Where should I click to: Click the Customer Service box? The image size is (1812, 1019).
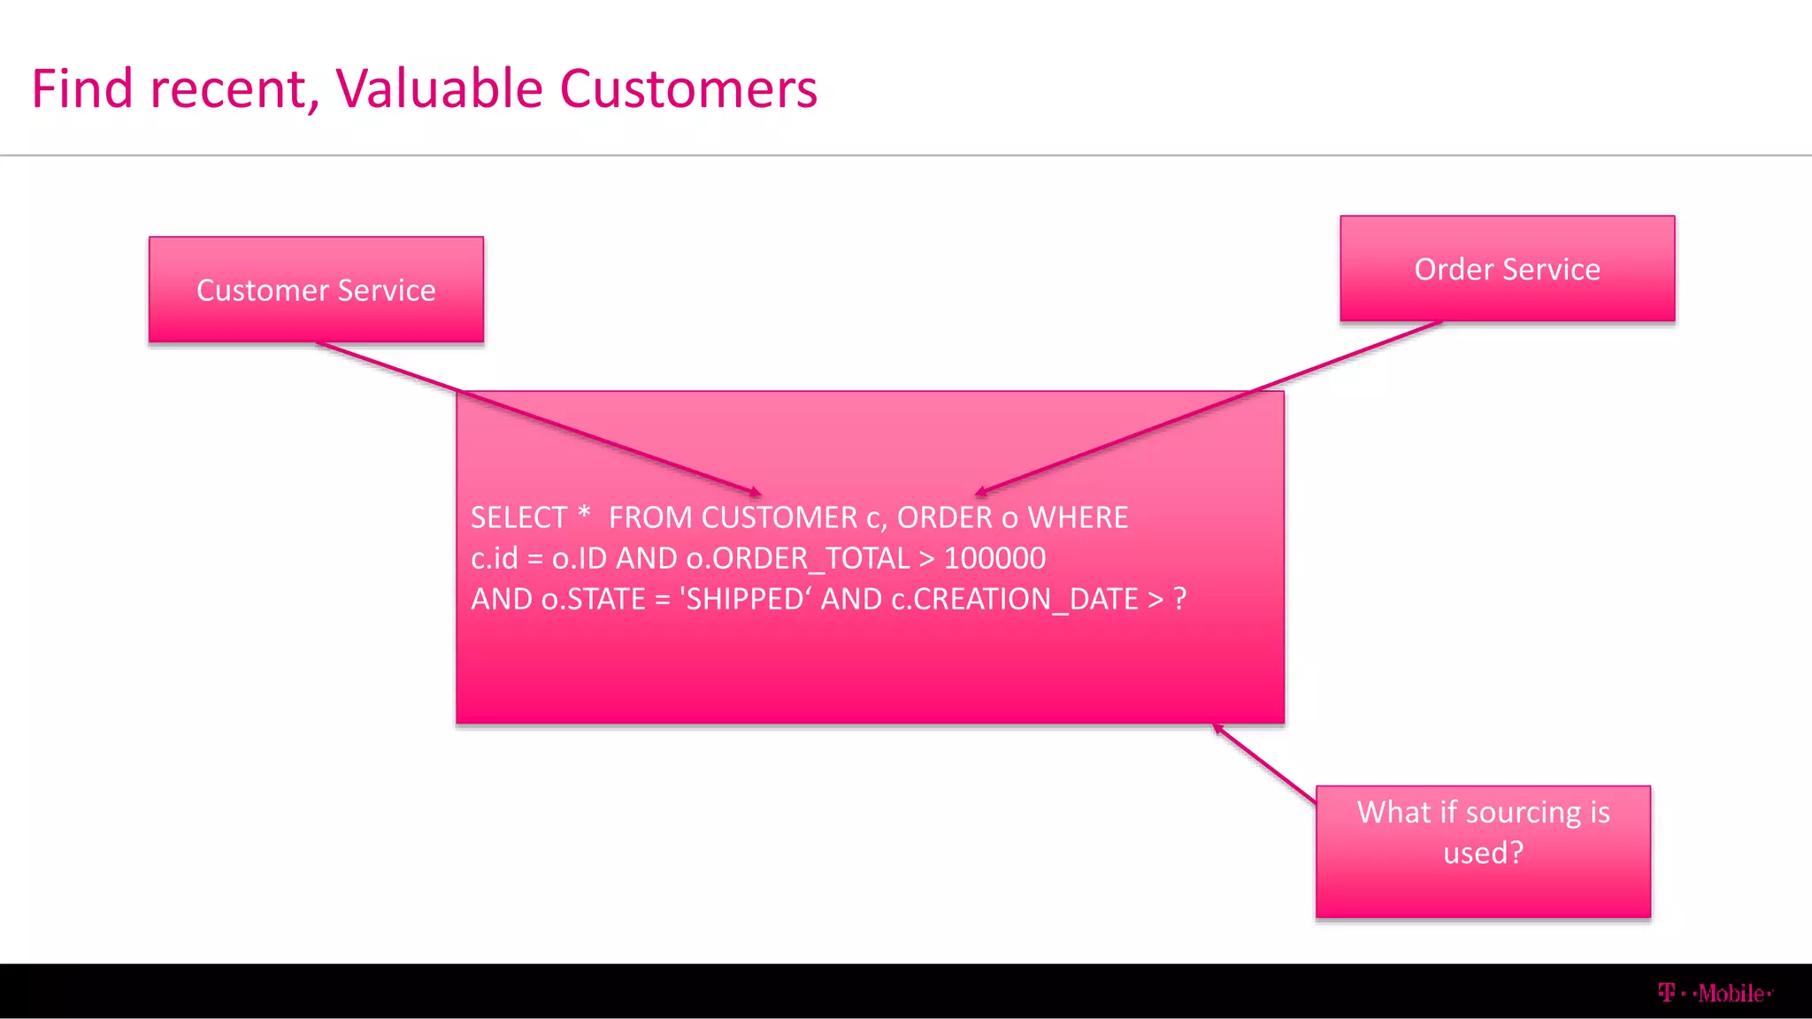click(x=316, y=289)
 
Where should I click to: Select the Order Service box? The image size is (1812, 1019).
click(x=1507, y=268)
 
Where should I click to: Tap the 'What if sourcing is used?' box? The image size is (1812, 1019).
click(x=1483, y=851)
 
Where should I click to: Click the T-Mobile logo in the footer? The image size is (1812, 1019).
click(x=1714, y=993)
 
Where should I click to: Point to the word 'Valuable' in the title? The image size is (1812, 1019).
click(x=439, y=88)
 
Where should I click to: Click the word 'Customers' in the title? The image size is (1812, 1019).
click(x=688, y=88)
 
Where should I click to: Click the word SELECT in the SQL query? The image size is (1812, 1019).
click(x=519, y=517)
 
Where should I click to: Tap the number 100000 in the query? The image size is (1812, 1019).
click(x=994, y=558)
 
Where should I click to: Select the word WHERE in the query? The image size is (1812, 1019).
click(x=1078, y=517)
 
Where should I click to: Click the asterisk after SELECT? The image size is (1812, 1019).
click(x=584, y=513)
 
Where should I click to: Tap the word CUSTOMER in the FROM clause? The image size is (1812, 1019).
click(x=779, y=517)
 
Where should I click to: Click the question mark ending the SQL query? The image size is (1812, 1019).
click(x=1179, y=599)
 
